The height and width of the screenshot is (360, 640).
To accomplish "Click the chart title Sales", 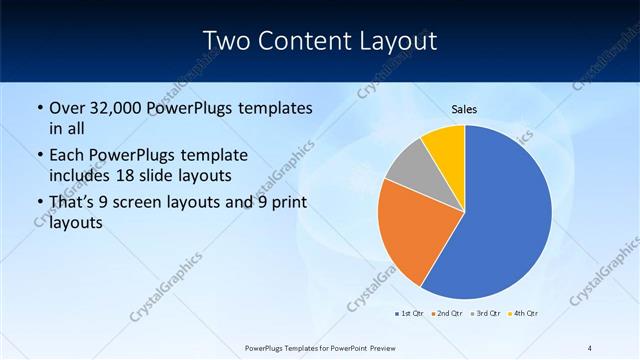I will [x=464, y=108].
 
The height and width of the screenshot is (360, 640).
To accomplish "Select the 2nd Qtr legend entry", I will [x=447, y=314].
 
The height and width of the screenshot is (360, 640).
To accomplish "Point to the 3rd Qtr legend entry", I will [x=486, y=314].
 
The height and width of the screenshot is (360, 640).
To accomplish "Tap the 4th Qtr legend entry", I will [x=524, y=314].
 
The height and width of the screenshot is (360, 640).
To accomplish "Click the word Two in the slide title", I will [x=227, y=41].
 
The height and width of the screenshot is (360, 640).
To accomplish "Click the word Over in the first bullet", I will [x=67, y=108].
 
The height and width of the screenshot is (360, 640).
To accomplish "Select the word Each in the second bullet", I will [x=67, y=156].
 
